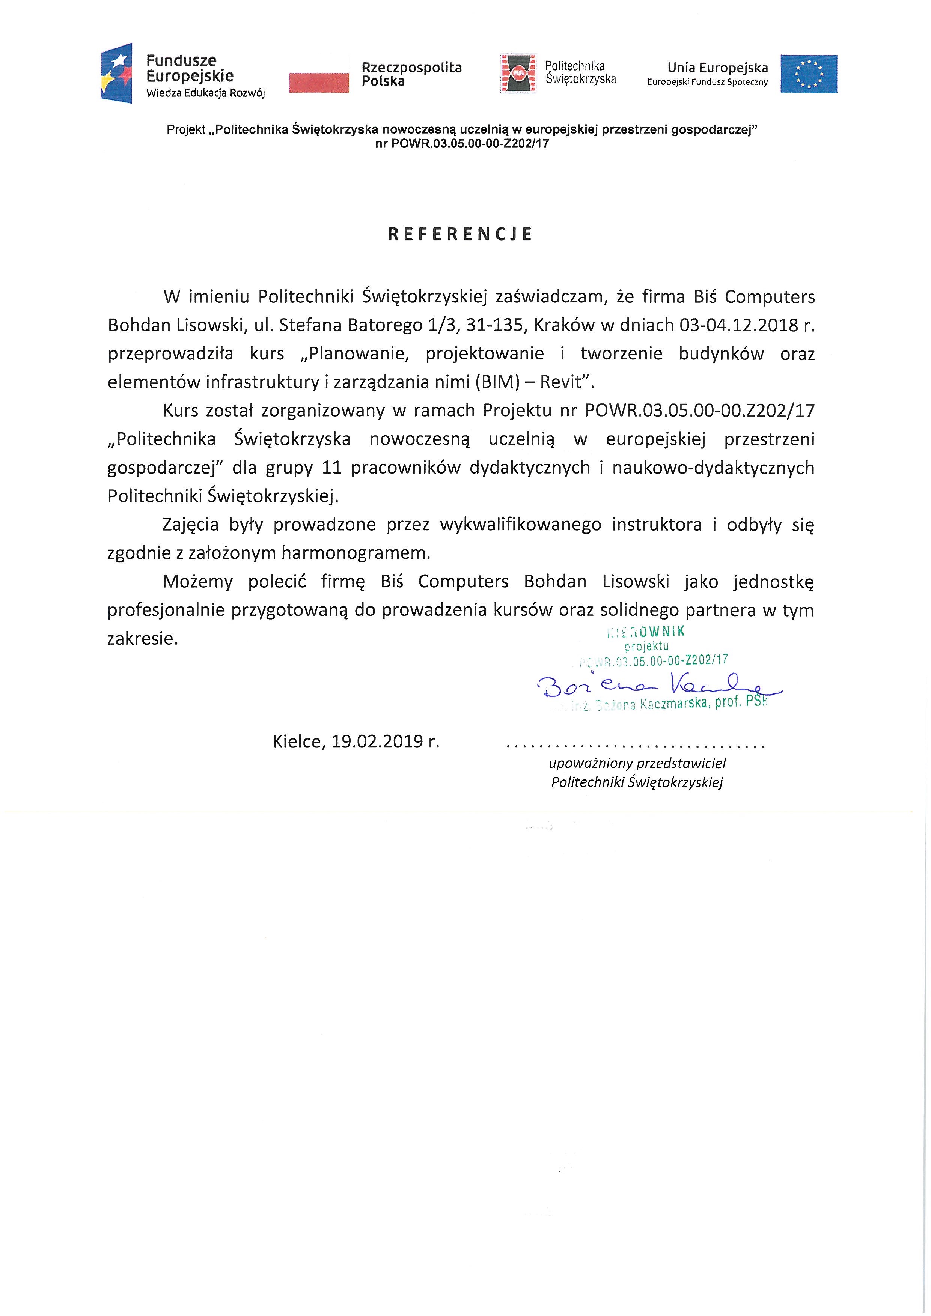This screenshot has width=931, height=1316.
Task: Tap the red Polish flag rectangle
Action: [319, 82]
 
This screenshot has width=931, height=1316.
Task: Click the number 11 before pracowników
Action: [332, 468]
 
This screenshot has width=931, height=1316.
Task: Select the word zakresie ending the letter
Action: [143, 639]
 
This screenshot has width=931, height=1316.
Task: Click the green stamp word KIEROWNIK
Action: [646, 632]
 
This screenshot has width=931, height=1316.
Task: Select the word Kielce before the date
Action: [297, 742]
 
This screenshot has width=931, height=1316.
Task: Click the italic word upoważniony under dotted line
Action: [591, 764]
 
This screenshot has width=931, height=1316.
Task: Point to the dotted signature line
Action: [636, 747]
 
